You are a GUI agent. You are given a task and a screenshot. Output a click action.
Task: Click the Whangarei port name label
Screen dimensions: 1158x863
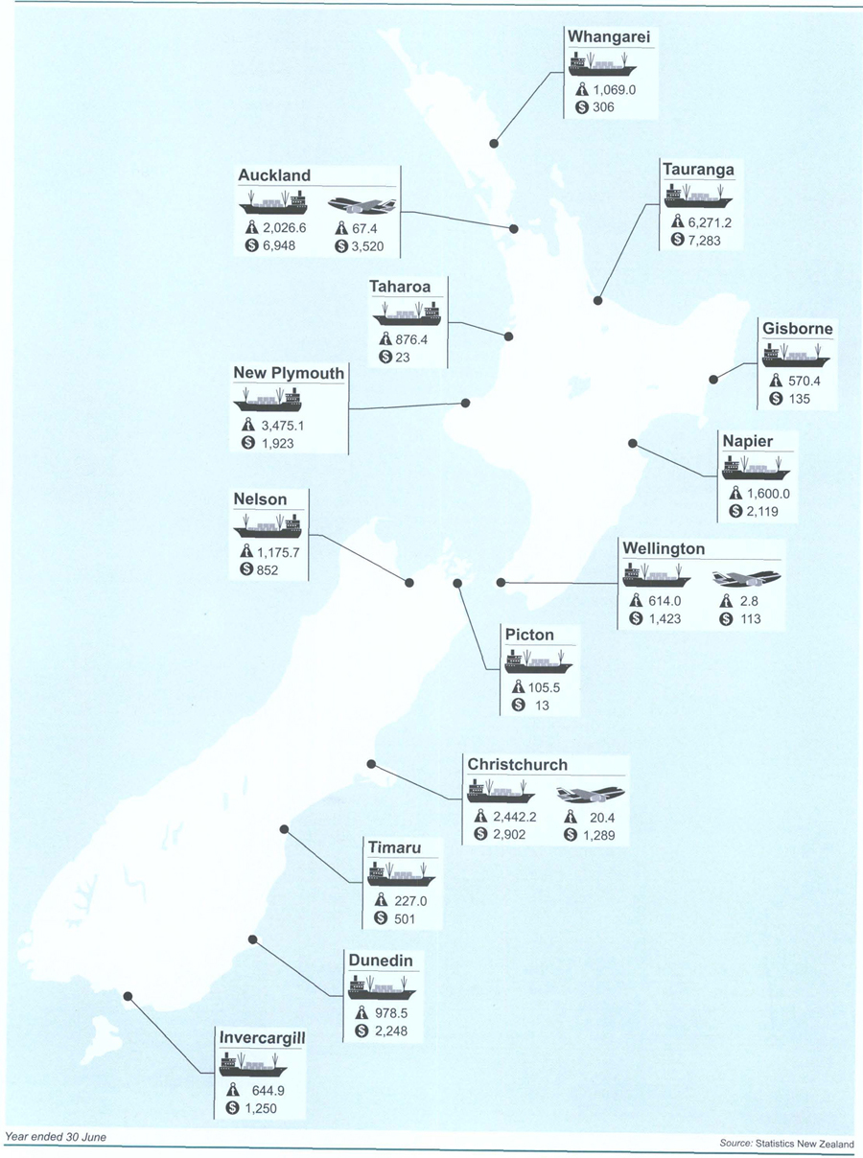610,36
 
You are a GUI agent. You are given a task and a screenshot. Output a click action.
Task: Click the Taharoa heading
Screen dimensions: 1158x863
400,287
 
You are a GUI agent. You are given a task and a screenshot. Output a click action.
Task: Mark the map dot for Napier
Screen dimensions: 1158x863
632,443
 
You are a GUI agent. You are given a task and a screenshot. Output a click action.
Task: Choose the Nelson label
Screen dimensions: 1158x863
260,499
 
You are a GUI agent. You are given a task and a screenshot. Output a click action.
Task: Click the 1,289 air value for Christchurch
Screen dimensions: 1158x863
603,836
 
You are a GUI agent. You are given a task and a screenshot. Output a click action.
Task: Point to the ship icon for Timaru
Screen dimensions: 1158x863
401,873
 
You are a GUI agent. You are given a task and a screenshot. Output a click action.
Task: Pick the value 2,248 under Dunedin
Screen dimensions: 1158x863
396,1031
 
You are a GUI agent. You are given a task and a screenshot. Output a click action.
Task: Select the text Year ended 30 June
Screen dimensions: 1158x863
56,1137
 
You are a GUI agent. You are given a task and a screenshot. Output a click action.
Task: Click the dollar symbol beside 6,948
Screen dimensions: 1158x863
253,246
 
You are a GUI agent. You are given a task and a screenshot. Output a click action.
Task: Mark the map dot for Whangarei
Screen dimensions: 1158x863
495,143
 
